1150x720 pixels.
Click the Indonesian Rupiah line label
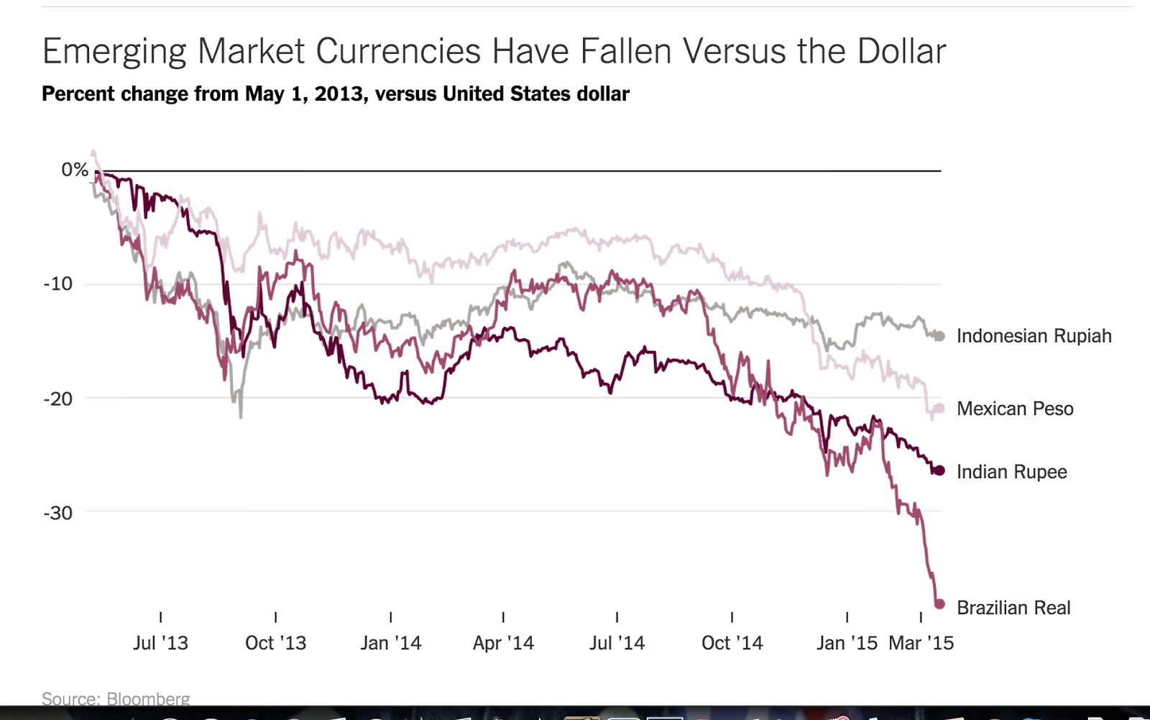[x=1034, y=336]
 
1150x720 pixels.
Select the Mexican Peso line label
[x=1015, y=409]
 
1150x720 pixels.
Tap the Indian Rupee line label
[x=1011, y=472]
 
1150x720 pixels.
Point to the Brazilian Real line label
[x=1013, y=608]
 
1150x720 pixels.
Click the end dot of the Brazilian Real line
[x=939, y=604]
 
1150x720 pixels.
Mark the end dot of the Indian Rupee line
[x=939, y=471]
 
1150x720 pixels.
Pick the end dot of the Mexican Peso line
[x=939, y=409]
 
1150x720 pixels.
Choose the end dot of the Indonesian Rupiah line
[x=939, y=336]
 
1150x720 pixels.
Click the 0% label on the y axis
[x=75, y=170]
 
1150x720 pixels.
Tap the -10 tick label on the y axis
[x=58, y=283]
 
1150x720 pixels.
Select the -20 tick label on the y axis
[x=58, y=398]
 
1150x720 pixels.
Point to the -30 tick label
[x=58, y=513]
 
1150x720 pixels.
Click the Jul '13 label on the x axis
[x=160, y=643]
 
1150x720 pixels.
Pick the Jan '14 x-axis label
[x=390, y=643]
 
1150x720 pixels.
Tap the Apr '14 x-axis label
[x=503, y=643]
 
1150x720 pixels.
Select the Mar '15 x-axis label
[x=921, y=643]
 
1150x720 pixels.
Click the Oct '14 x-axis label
[x=732, y=643]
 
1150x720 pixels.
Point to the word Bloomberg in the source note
[x=148, y=699]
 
